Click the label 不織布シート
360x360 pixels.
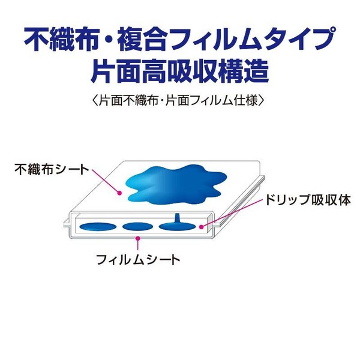[x=52, y=169]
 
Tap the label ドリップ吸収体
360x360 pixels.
[x=308, y=200]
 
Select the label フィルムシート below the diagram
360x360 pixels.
[x=138, y=260]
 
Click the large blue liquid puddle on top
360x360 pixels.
[x=176, y=185]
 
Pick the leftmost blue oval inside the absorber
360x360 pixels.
[x=98, y=227]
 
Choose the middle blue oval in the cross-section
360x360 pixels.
[x=138, y=227]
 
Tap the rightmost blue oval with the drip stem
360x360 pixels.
[x=177, y=226]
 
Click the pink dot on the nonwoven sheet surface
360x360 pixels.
[x=119, y=193]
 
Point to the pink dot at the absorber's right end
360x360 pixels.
[x=202, y=227]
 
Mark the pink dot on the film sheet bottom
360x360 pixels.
[x=138, y=238]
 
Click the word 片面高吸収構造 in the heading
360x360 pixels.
[x=180, y=71]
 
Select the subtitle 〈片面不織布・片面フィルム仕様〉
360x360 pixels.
[x=178, y=100]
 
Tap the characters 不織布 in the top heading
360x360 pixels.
[x=62, y=39]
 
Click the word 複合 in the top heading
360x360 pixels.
[x=142, y=39]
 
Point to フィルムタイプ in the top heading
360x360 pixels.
[x=251, y=38]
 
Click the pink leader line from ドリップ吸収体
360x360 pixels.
[x=232, y=213]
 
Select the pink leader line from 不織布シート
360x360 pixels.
[x=106, y=181]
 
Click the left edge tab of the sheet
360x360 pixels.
[x=67, y=223]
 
